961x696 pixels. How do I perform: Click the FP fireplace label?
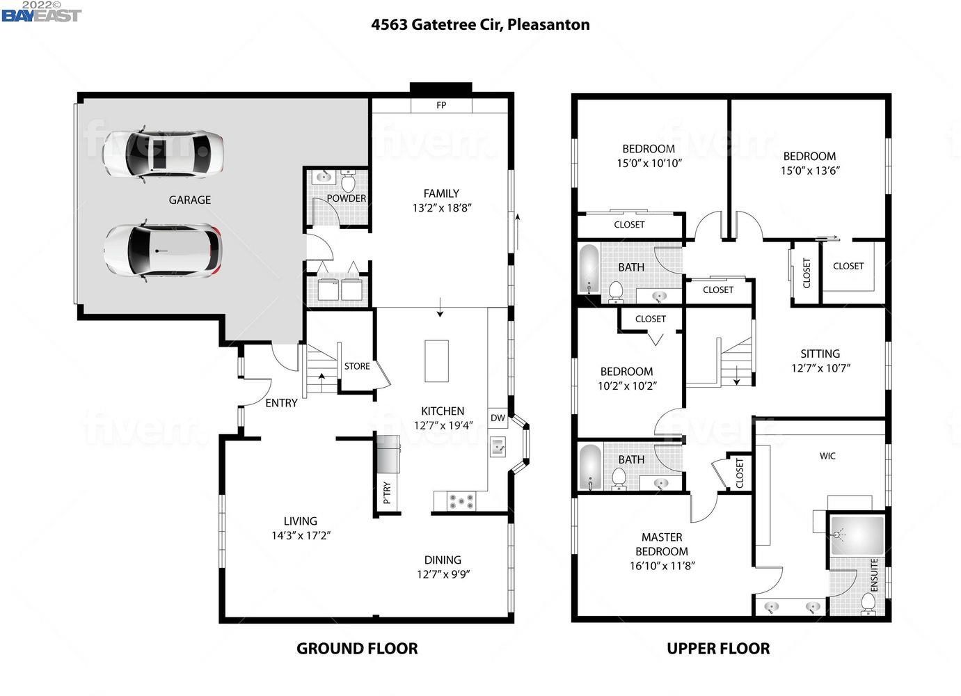(x=441, y=105)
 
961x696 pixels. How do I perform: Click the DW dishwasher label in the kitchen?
(x=498, y=418)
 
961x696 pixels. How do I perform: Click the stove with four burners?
(x=460, y=500)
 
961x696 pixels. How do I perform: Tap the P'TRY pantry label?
(x=387, y=493)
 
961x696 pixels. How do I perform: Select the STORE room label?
(x=357, y=366)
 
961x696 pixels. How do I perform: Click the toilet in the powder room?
(x=348, y=182)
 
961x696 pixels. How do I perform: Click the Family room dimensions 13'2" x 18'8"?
(x=442, y=207)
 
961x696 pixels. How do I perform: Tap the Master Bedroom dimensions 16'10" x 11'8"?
(x=662, y=565)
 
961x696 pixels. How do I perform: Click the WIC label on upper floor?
(x=827, y=456)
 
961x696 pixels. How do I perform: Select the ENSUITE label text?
(x=874, y=575)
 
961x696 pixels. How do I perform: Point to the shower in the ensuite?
(x=857, y=535)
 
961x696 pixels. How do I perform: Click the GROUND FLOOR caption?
(x=357, y=649)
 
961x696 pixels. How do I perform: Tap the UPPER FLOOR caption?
(x=718, y=649)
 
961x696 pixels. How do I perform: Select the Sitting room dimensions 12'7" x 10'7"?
(x=820, y=368)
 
